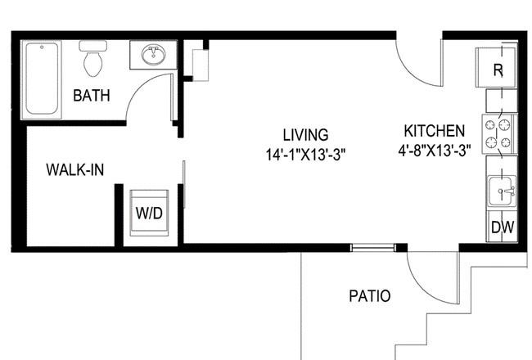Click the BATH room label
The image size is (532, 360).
(92, 96)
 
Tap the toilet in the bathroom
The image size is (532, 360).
(93, 58)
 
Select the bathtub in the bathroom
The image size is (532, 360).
(42, 79)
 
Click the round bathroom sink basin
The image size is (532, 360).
(154, 55)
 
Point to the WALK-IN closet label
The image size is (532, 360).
(75, 169)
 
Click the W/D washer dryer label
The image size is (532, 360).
(149, 214)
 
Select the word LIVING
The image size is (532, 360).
(306, 135)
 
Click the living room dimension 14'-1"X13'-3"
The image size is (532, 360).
(305, 155)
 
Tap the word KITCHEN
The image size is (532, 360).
(435, 131)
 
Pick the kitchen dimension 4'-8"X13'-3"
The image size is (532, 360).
(435, 150)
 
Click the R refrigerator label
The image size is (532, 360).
(498, 70)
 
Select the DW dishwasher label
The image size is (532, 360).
(503, 227)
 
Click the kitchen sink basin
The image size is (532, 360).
(503, 191)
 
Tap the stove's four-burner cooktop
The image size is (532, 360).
(498, 134)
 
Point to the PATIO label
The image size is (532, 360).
(370, 296)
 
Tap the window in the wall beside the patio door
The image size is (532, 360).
(373, 248)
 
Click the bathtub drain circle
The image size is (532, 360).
(42, 47)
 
